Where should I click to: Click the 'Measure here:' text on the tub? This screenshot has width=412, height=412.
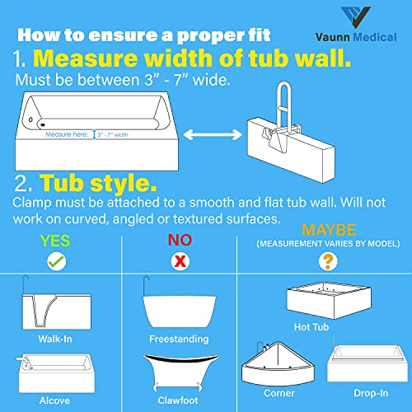68,133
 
